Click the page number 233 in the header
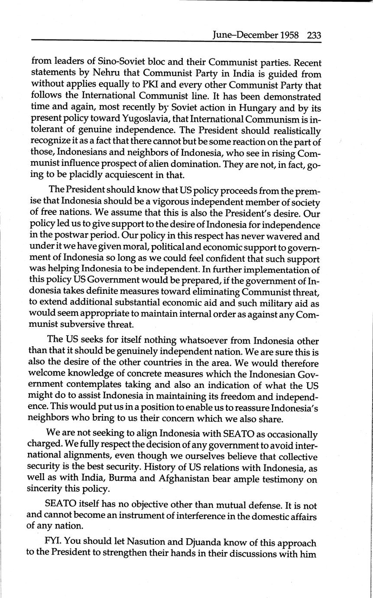pos(314,35)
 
